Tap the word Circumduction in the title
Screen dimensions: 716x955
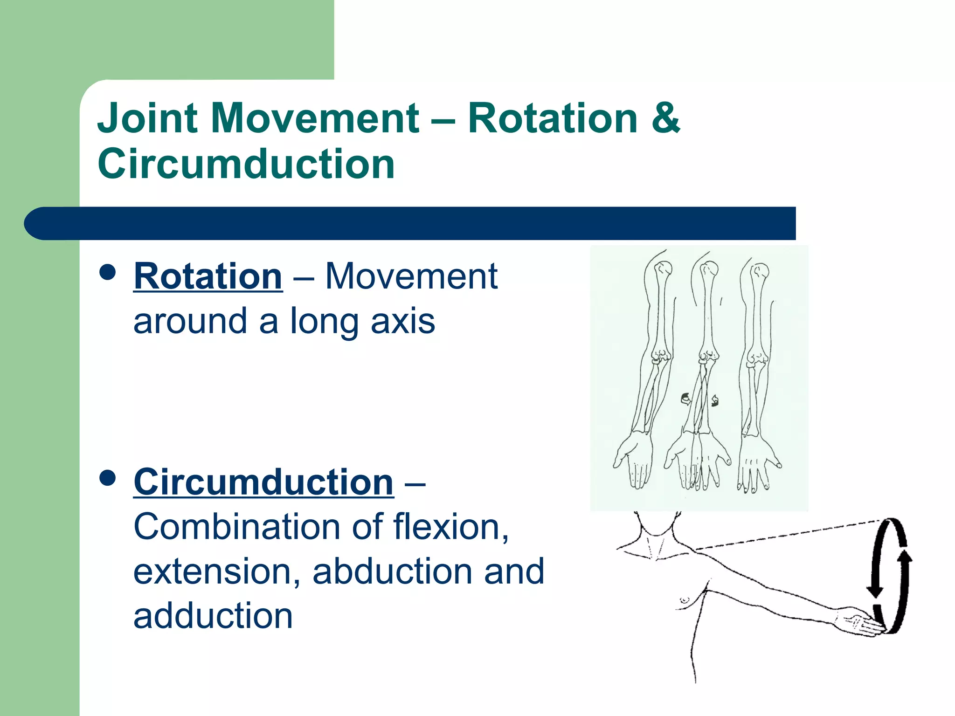coord(246,164)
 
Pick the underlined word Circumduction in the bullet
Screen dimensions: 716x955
coord(263,482)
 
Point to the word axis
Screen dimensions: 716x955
coord(402,322)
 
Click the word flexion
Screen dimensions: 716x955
coord(450,527)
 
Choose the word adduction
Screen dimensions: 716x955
coord(213,616)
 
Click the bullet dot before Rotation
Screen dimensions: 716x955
coord(108,272)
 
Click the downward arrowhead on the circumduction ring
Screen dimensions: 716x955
coord(875,591)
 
